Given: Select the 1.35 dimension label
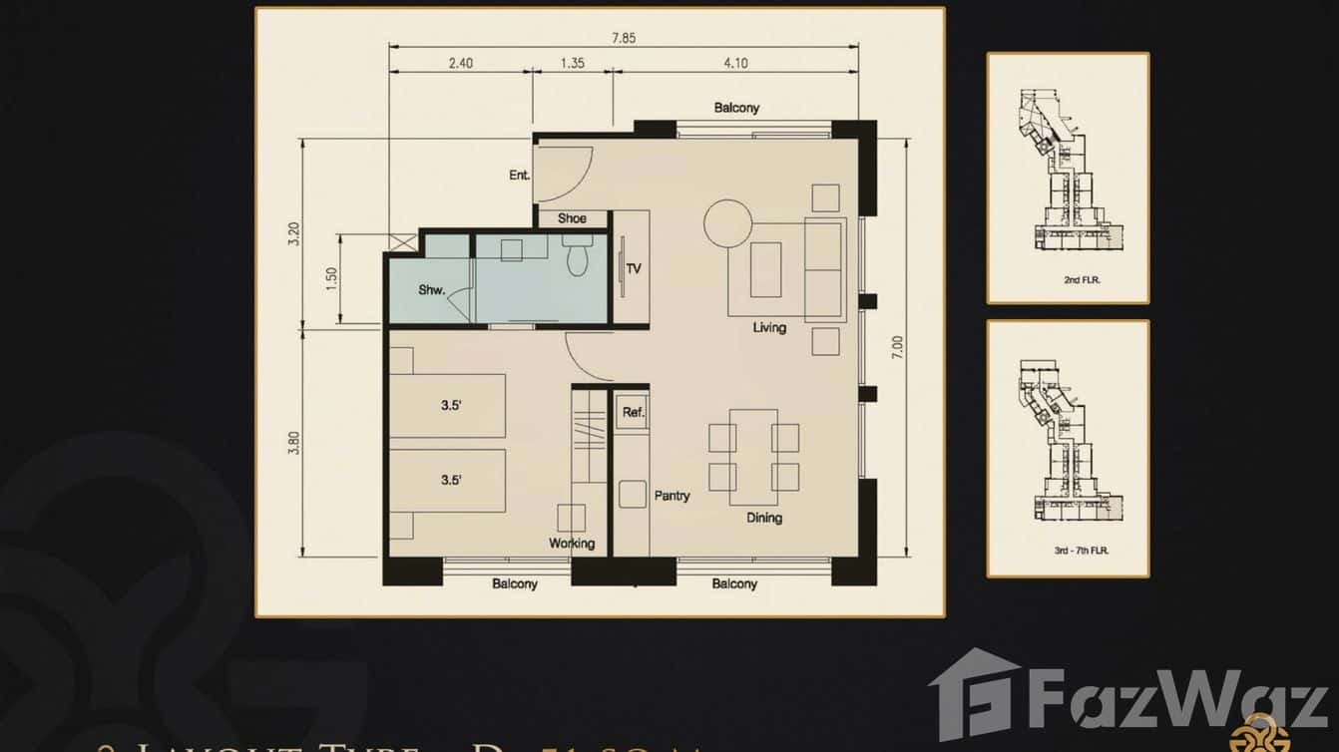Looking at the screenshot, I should (x=573, y=63).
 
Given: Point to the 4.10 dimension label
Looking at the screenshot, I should (x=734, y=63).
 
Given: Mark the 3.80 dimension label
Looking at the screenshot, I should (x=292, y=442).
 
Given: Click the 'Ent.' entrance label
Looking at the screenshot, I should (x=519, y=176).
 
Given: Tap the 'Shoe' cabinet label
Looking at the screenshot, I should (x=572, y=218).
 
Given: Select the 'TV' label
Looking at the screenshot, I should (x=634, y=268).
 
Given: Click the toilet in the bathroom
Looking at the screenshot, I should (x=578, y=257).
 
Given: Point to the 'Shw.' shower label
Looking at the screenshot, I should (x=431, y=290).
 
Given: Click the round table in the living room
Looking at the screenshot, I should (x=727, y=222).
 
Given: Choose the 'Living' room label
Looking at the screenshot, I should (x=769, y=327).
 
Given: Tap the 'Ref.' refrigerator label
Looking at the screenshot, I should (x=633, y=412).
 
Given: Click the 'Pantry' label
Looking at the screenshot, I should (x=671, y=495).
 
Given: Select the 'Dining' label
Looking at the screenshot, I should (x=764, y=518).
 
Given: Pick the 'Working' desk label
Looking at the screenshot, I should (x=572, y=544).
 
